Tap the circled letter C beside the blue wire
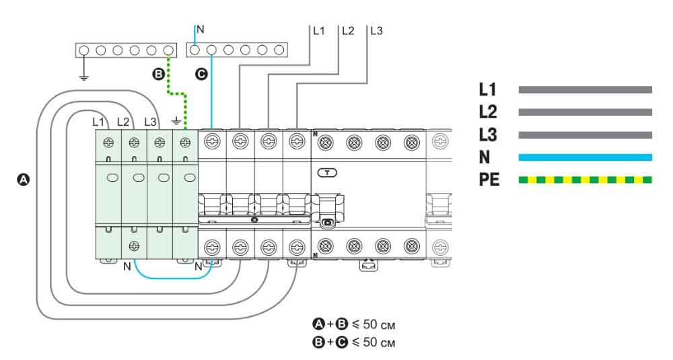pyautogui.click(x=200, y=74)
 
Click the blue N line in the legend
pyautogui.click(x=585, y=157)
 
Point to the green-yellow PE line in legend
pyautogui.click(x=585, y=180)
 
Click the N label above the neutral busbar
pyautogui.click(x=200, y=30)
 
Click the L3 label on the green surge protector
pyautogui.click(x=150, y=122)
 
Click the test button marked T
pyautogui.click(x=328, y=172)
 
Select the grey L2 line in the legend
pyautogui.click(x=585, y=112)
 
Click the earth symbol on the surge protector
pyautogui.click(x=176, y=122)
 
